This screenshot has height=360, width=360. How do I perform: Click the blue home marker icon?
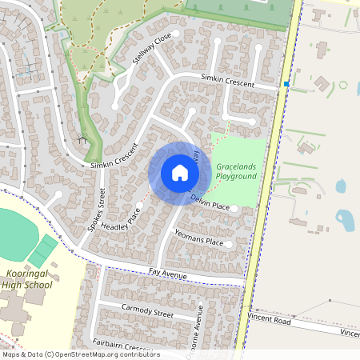tap(179, 172)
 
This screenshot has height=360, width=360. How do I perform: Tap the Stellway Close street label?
tap(152, 50)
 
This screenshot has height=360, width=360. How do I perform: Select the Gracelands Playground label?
tap(237, 170)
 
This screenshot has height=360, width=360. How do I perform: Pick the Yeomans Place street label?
tap(198, 237)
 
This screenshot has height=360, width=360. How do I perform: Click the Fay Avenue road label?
tap(167, 275)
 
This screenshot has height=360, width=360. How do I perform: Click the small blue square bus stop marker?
tap(286, 83)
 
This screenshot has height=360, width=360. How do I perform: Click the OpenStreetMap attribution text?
tap(81, 354)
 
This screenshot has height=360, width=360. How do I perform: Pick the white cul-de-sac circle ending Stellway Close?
tap(115, 104)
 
